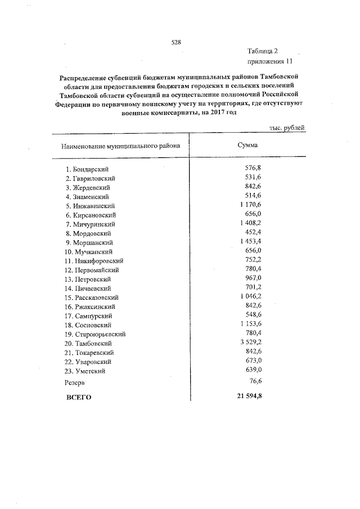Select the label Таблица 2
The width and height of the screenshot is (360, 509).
pos(262,51)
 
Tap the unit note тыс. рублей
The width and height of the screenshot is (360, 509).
pos(286,128)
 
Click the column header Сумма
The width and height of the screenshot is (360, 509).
pos(248,145)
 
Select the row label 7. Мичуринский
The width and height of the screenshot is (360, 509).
pos(87,224)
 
